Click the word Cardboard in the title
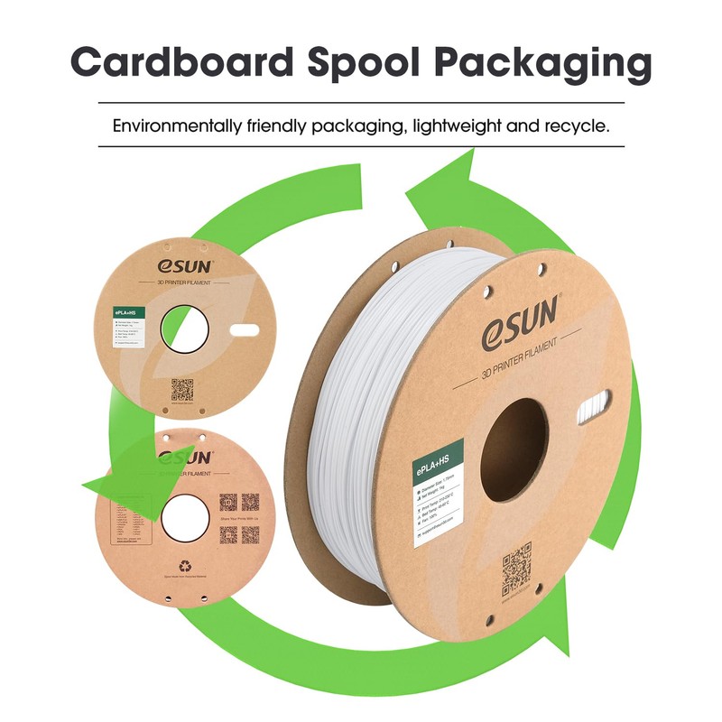[180, 63]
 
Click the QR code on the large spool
[516, 564]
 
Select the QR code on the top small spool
[183, 390]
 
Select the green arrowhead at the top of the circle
[442, 190]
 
